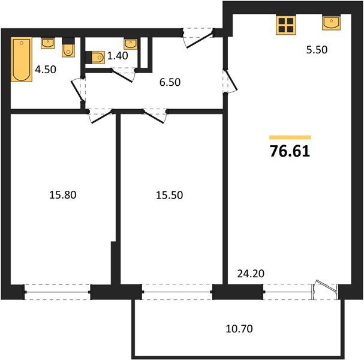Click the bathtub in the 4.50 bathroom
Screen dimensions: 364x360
tap(22, 59)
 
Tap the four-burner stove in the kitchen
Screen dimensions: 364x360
tap(286, 25)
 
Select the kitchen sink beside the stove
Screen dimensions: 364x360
tap(332, 23)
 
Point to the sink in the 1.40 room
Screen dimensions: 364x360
tap(131, 44)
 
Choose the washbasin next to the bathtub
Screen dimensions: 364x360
tap(48, 43)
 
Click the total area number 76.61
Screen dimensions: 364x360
tap(290, 151)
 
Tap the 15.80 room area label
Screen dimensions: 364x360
tap(63, 195)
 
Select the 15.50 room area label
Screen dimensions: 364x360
tap(170, 195)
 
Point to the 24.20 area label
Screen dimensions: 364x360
tap(251, 274)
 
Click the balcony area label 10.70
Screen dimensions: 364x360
tap(239, 329)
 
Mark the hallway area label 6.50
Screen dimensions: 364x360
tap(170, 82)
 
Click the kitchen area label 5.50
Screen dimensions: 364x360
tap(317, 50)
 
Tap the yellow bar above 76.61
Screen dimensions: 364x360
tap(290, 137)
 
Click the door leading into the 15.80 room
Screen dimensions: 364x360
tap(100, 116)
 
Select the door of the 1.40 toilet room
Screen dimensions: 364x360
tap(123, 75)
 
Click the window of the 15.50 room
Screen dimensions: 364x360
tap(178, 292)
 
